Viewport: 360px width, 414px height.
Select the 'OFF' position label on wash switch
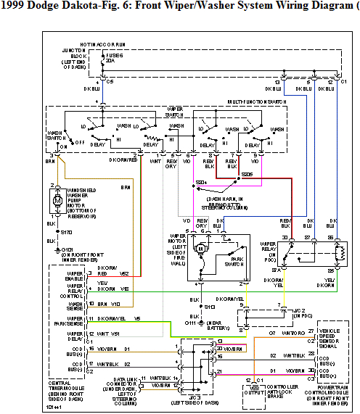click(80, 142)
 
